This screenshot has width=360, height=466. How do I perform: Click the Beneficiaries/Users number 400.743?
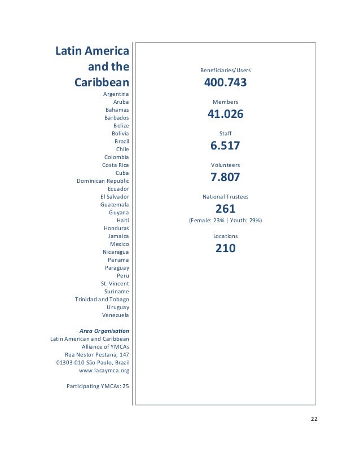click(x=225, y=83)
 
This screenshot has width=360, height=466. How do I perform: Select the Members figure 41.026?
click(x=225, y=115)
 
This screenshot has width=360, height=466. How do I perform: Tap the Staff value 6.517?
click(x=225, y=146)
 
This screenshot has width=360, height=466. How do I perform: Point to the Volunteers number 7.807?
click(x=225, y=177)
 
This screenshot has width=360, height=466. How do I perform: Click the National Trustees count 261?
click(x=225, y=209)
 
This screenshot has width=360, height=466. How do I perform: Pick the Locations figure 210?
click(x=225, y=248)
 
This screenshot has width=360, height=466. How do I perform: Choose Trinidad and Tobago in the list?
click(x=102, y=299)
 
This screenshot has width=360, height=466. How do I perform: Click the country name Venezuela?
click(x=115, y=315)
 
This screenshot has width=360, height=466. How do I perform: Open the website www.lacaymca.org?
click(x=104, y=371)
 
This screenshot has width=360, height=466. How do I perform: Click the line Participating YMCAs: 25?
click(x=98, y=386)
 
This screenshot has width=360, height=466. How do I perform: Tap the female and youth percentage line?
click(x=225, y=221)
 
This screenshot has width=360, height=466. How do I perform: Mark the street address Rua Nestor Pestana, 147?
click(x=97, y=354)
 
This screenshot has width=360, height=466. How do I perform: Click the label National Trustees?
click(x=225, y=197)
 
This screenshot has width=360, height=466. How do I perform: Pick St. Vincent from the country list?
click(x=115, y=283)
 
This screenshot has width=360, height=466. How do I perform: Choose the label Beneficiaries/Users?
click(x=225, y=71)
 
